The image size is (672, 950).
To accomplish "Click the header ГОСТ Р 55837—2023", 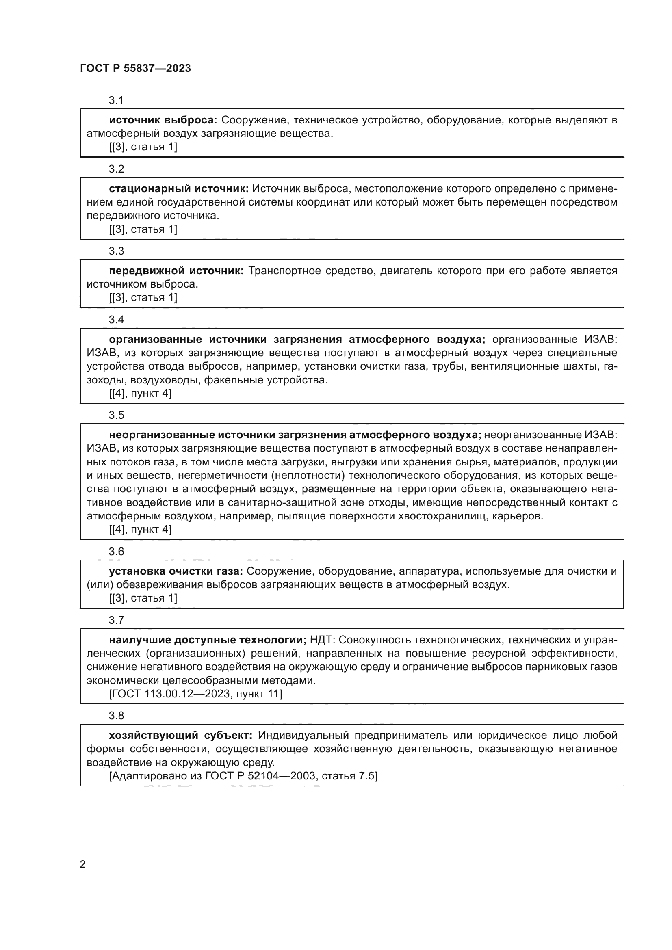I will (135, 69).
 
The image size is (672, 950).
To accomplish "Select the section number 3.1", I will (116, 100).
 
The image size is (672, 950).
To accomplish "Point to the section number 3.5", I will (116, 415).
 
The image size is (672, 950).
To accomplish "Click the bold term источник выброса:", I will (163, 120).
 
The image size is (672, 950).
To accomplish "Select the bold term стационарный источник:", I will (179, 189).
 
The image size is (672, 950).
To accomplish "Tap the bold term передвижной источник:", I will (176, 271).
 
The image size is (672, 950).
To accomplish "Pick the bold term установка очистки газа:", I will (176, 571).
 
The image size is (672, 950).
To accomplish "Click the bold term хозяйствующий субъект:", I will (180, 735).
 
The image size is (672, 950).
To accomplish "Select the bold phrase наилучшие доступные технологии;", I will (207, 640).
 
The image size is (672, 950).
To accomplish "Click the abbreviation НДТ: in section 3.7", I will (324, 640).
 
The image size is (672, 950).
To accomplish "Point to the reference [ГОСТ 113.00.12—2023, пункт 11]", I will (195, 693).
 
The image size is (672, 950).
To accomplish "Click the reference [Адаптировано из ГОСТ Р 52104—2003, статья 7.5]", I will (243, 776).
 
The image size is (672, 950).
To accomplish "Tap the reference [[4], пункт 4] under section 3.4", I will (140, 393).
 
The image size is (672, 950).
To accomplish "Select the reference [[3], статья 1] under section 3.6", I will (143, 598).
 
